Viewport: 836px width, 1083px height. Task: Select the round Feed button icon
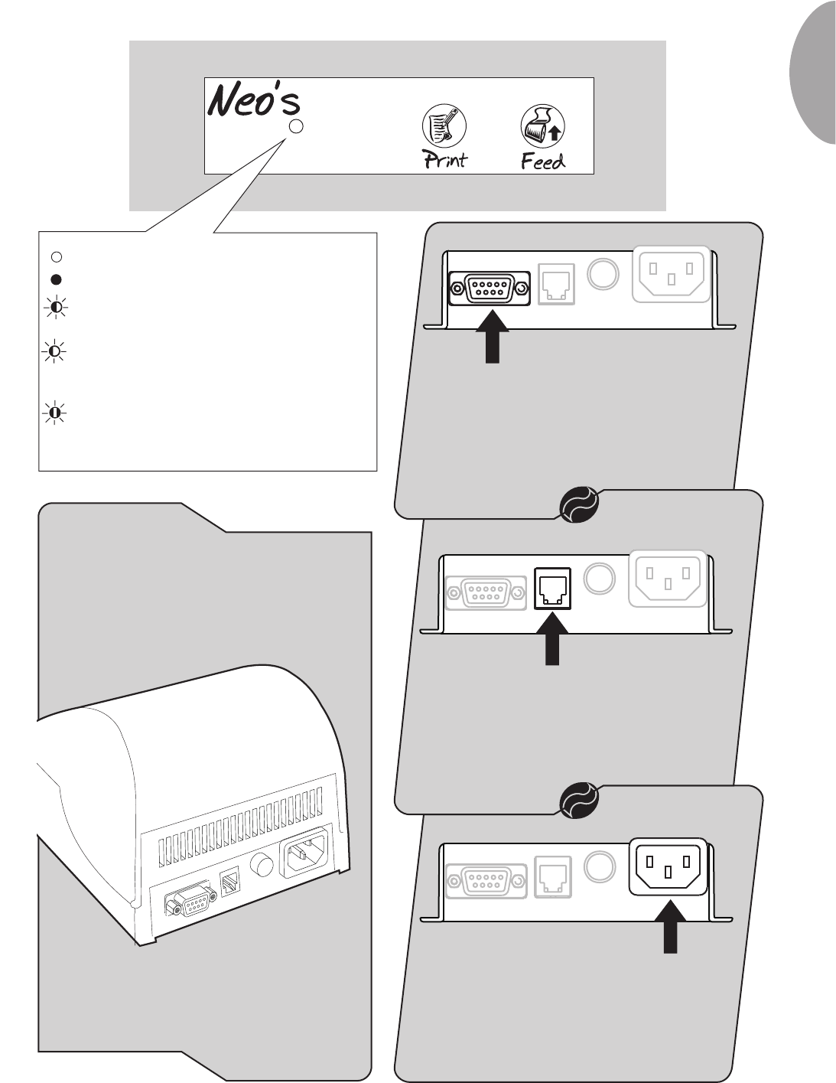pyautogui.click(x=542, y=126)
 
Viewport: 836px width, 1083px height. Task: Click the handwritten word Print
pyautogui.click(x=444, y=159)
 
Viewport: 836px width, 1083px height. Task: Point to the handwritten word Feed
pyautogui.click(x=542, y=161)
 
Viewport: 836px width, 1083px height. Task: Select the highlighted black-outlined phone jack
pyautogui.click(x=552, y=588)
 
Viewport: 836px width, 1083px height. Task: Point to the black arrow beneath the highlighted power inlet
pyautogui.click(x=670, y=928)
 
